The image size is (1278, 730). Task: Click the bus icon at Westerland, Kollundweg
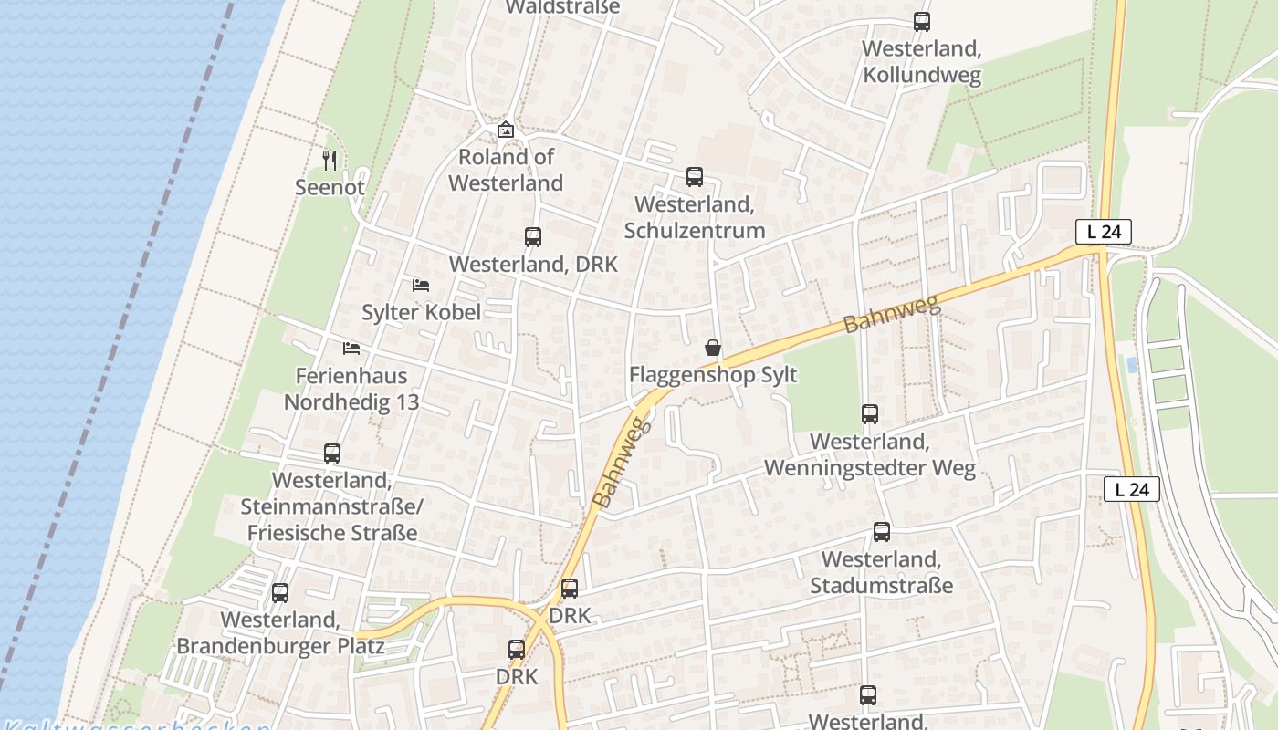(x=922, y=22)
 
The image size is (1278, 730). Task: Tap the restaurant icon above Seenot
(x=330, y=161)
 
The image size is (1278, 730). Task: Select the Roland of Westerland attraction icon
(x=506, y=130)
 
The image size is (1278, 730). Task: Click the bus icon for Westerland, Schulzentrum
(x=695, y=177)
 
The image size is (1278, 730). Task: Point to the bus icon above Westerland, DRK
(x=533, y=237)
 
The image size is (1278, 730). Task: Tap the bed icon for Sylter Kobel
(x=421, y=286)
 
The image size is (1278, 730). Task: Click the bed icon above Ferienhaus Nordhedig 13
(x=351, y=349)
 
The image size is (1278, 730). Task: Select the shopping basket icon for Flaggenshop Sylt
(x=713, y=348)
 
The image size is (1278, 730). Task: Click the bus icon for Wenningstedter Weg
(x=870, y=414)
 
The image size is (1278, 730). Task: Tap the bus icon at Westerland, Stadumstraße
(x=882, y=532)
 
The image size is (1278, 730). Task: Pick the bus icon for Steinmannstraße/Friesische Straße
(x=332, y=454)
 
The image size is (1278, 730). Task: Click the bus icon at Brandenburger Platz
(x=280, y=593)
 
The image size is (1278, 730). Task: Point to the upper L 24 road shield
(x=1103, y=232)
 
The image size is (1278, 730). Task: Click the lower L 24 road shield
(x=1132, y=489)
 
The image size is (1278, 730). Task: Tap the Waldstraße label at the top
(x=562, y=7)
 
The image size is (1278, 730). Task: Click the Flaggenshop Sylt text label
(x=713, y=375)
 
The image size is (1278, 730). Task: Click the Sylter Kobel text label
(x=421, y=312)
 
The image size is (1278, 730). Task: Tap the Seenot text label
(x=330, y=188)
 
